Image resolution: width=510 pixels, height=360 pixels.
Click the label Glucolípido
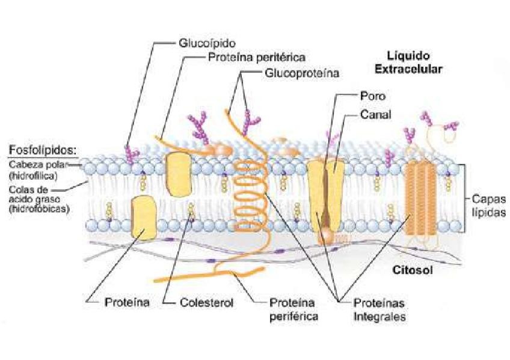pyautogui.click(x=206, y=43)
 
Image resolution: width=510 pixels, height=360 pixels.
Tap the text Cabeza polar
pyautogui.click(x=35, y=163)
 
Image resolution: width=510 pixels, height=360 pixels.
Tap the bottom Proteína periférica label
pyautogui.click(x=293, y=308)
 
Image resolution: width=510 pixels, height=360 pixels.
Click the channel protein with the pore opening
pyautogui.click(x=327, y=192)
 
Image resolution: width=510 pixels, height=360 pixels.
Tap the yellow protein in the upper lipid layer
pyautogui.click(x=177, y=174)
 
